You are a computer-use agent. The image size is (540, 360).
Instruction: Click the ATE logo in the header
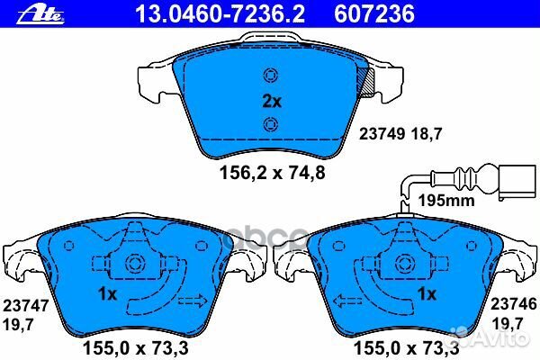pyautogui.click(x=27, y=12)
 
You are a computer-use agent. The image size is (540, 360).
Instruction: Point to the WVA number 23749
pyautogui.click(x=379, y=133)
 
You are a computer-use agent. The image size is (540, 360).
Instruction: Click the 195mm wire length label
pyautogui.click(x=446, y=200)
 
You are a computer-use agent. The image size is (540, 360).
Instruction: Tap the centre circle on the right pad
pyautogui.click(x=402, y=264)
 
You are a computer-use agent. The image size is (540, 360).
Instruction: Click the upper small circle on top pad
pyautogui.click(x=267, y=75)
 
